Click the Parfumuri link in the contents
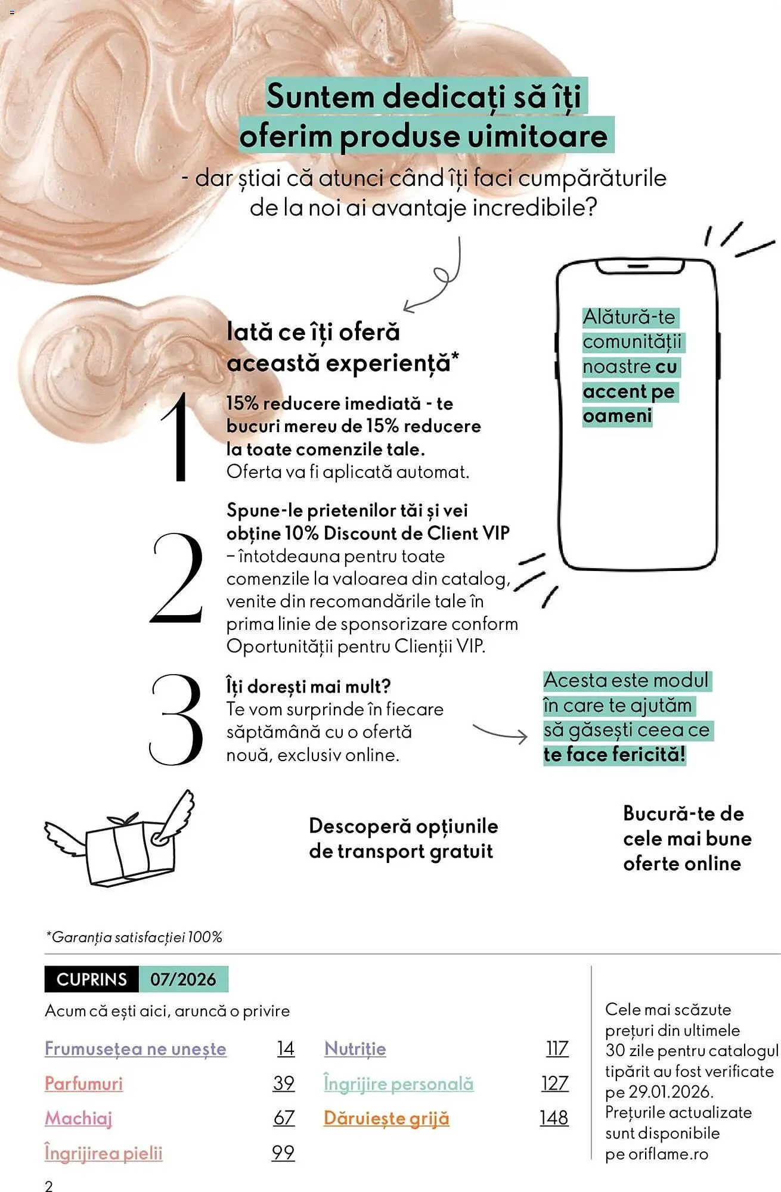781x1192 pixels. (83, 1084)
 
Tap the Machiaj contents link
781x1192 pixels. (78, 1119)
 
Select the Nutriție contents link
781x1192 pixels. (355, 1049)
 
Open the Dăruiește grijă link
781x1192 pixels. (386, 1119)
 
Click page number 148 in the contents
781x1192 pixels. (554, 1118)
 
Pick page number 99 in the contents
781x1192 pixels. (283, 1153)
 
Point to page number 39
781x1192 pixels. (284, 1084)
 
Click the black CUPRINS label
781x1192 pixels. (92, 979)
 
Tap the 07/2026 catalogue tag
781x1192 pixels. (183, 979)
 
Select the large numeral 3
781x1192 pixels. (176, 720)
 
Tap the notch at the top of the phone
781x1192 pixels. (639, 266)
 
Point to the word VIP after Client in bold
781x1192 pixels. (496, 533)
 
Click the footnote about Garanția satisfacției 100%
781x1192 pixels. (134, 937)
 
